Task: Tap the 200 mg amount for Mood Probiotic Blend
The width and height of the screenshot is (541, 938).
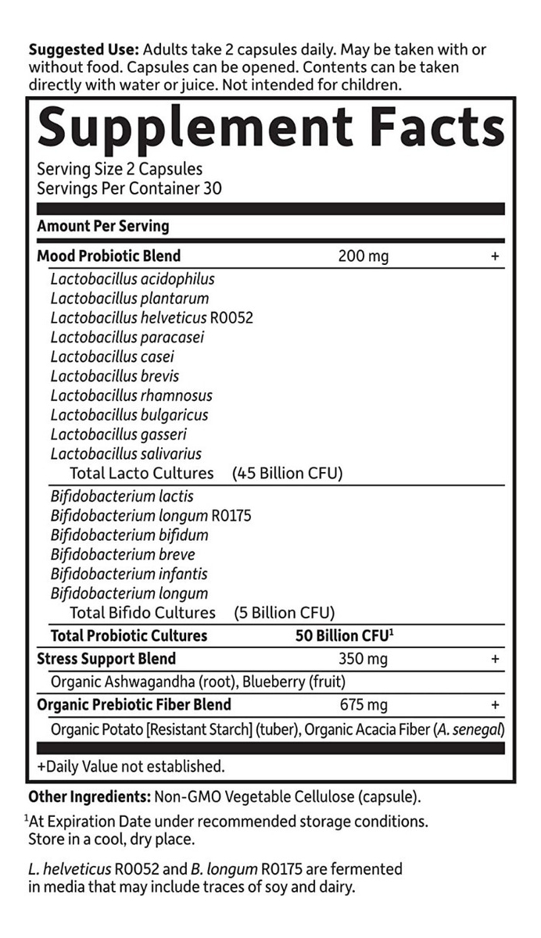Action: [363, 256]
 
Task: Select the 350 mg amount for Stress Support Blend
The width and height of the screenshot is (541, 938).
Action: [363, 658]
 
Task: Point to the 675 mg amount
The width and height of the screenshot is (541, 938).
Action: [363, 704]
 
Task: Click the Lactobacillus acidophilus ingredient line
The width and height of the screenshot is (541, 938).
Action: [132, 278]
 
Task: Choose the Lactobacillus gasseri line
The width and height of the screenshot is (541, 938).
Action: [118, 434]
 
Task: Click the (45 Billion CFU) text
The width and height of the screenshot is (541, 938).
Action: [288, 473]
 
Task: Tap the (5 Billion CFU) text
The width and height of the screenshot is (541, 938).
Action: [285, 612]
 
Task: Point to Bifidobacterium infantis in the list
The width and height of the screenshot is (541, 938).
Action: [129, 574]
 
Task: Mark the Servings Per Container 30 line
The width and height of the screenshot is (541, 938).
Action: [129, 188]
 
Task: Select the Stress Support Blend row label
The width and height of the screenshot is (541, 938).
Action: [106, 658]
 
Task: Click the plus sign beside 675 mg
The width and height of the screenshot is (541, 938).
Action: [494, 705]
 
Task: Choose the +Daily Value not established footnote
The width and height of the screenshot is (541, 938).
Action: [131, 765]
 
